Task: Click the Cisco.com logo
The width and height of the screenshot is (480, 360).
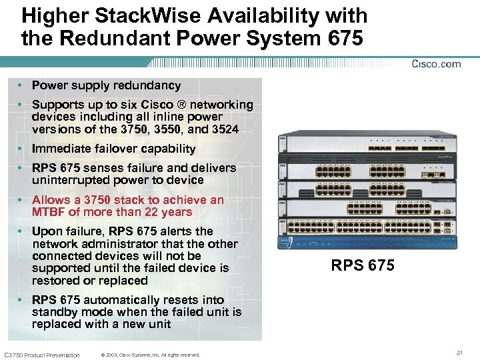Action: pos(436,64)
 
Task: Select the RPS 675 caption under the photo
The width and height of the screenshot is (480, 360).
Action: pos(363,266)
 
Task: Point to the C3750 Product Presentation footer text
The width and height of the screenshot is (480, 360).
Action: pos(42,355)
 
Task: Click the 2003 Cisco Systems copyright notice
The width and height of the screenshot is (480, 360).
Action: pos(150,355)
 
